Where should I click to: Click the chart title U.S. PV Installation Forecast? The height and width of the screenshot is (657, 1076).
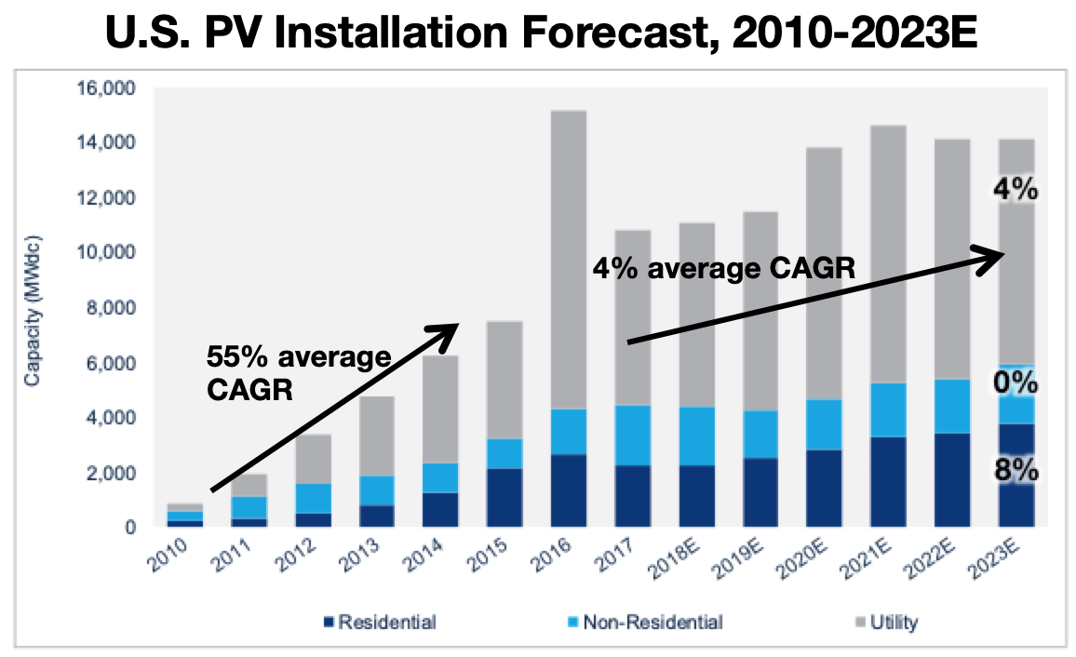(x=538, y=34)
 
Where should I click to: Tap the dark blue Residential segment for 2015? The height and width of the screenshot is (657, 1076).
(x=503, y=498)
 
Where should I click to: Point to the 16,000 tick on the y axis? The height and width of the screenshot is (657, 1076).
(x=110, y=89)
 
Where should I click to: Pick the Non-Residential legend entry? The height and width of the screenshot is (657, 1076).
(x=642, y=621)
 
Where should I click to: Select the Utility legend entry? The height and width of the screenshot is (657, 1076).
(x=884, y=621)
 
